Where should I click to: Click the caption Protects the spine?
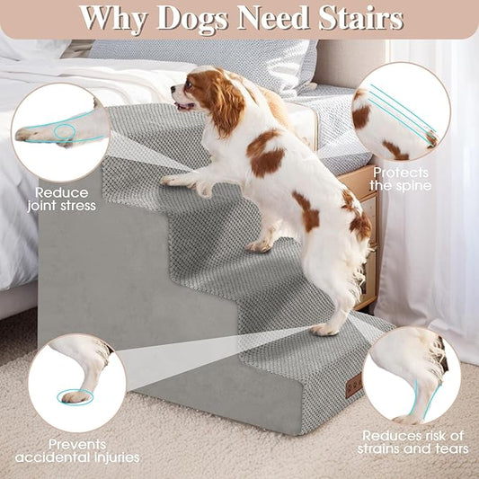click(402, 179)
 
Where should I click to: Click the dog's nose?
click(174, 90)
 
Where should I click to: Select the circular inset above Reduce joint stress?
click(60, 132)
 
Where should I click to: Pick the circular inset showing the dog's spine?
click(400, 111)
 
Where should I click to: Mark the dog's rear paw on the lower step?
click(324, 329)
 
